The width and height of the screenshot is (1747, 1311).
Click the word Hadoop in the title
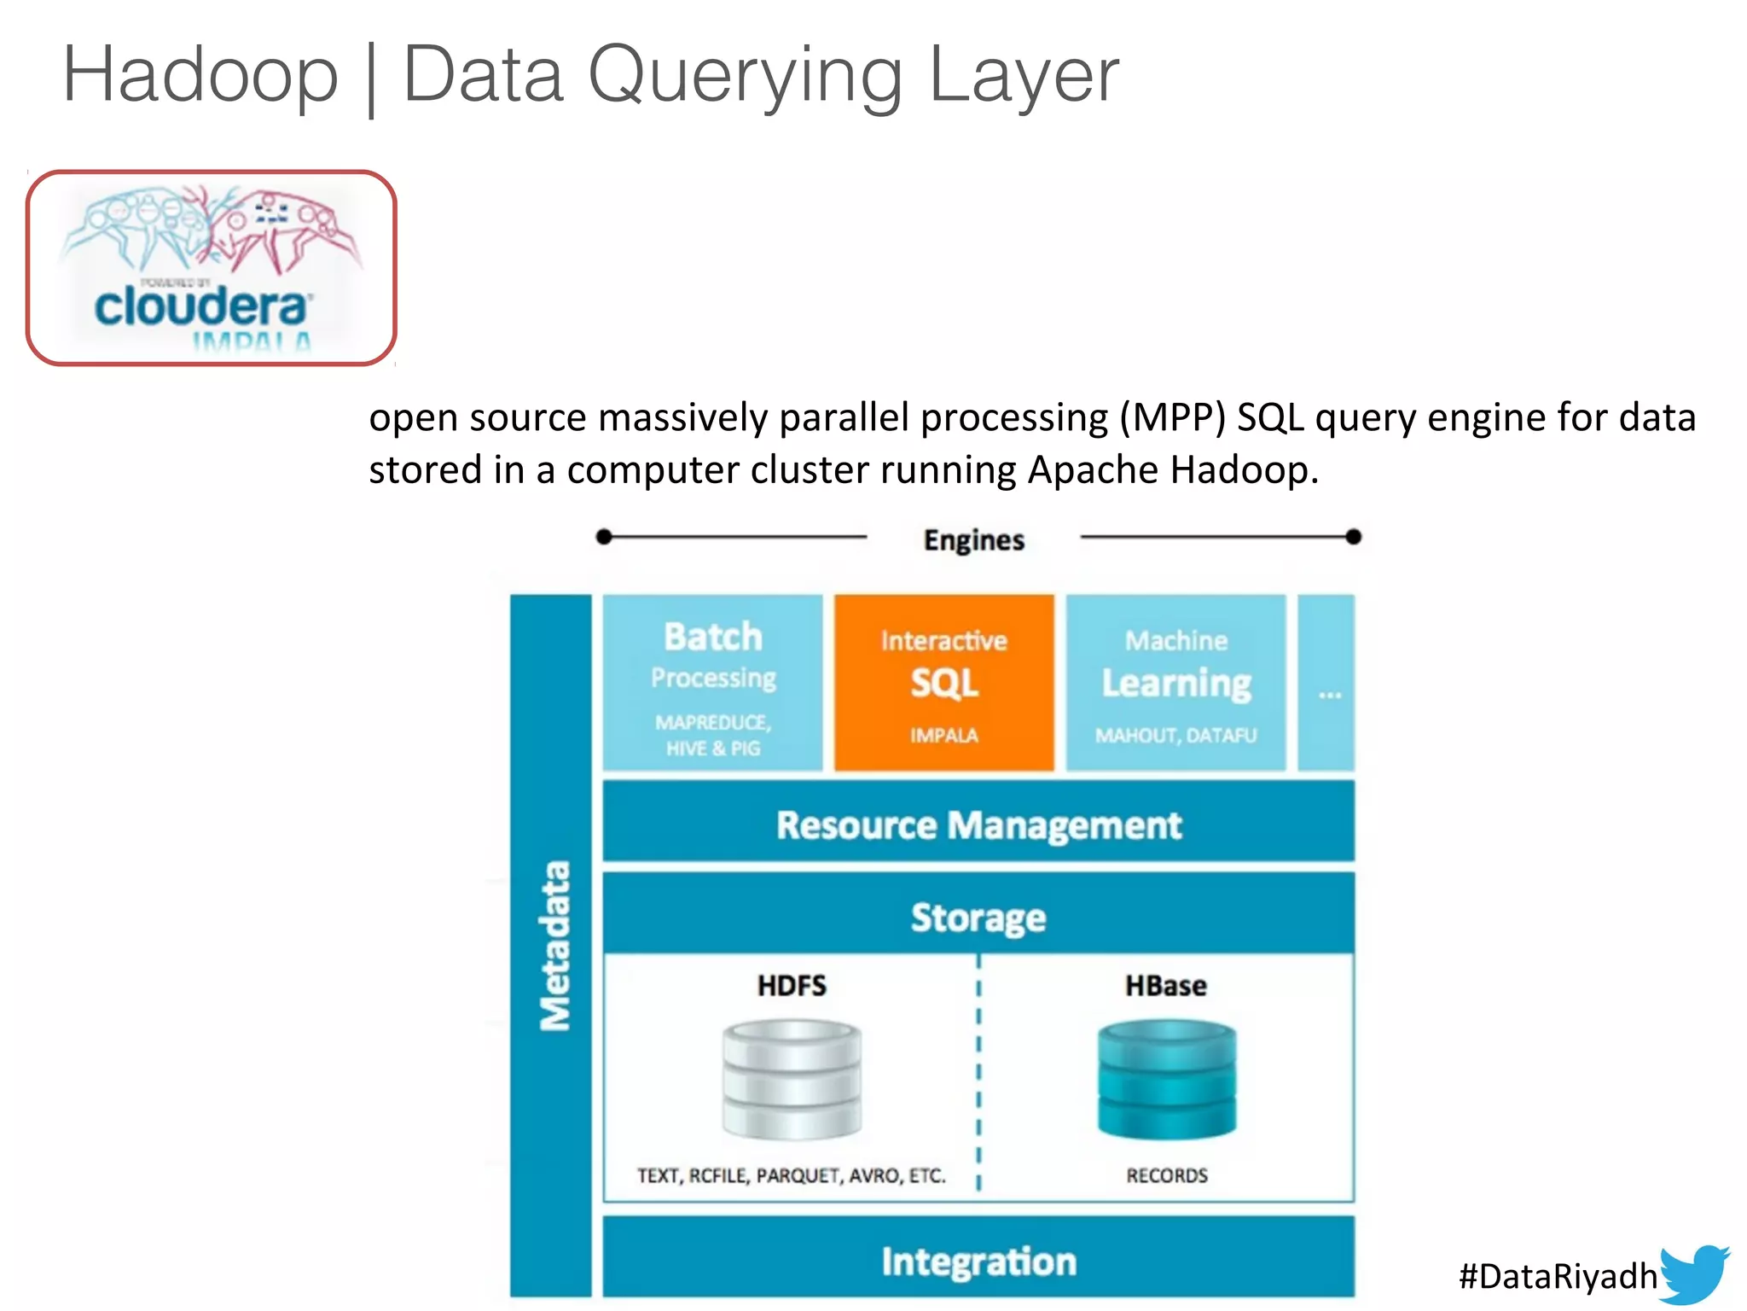pos(200,75)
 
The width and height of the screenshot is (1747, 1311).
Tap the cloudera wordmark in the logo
pos(202,307)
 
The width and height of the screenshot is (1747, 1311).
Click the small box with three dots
pos(1327,683)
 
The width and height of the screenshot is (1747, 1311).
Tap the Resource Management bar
pos(978,824)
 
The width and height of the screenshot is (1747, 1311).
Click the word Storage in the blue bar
pos(978,918)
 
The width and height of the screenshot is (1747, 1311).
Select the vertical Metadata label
pos(554,945)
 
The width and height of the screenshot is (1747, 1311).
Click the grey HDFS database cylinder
pos(792,1080)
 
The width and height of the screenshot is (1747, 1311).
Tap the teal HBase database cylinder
pos(1166,1080)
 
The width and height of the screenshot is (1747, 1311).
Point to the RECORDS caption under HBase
pos(1166,1175)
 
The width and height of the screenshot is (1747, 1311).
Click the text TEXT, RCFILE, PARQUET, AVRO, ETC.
pos(791,1175)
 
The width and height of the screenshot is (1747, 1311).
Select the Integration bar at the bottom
pos(978,1261)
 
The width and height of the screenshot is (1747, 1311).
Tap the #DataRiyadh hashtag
pos(1557,1276)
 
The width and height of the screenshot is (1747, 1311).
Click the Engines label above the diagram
pos(973,539)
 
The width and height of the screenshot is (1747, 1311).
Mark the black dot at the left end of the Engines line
pos(604,537)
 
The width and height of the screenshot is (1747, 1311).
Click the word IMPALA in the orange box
pos(943,735)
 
